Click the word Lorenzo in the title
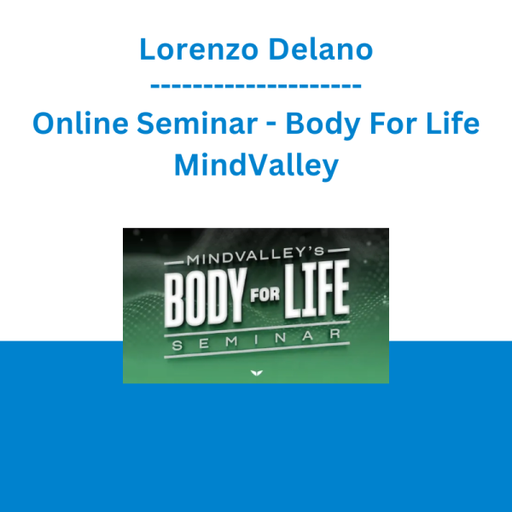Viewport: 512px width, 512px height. click(199, 49)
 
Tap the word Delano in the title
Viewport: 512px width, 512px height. click(321, 49)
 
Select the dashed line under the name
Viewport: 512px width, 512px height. click(256, 86)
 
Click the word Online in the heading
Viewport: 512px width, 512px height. click(81, 123)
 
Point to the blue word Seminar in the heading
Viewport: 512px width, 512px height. click(197, 123)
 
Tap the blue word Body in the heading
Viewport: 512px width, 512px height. click(323, 125)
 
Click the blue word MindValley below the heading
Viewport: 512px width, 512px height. click(256, 166)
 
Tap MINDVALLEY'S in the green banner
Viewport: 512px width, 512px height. click(256, 256)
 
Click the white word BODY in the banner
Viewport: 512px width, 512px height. click(205, 298)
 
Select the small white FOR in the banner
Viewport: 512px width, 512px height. click(265, 294)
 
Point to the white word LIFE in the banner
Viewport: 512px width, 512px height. click(317, 289)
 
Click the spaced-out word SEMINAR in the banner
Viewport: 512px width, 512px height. click(256, 340)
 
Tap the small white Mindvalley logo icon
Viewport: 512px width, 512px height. click(256, 373)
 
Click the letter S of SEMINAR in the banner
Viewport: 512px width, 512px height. click(177, 346)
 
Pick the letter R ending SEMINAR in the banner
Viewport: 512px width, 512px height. click(335, 334)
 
